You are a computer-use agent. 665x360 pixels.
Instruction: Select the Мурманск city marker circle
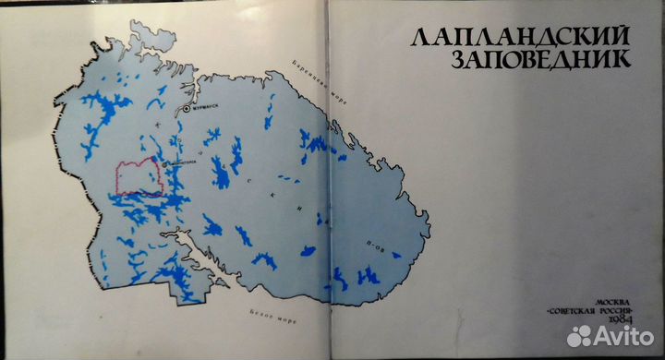185,108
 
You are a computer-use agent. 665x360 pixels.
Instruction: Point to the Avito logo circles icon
580,337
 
